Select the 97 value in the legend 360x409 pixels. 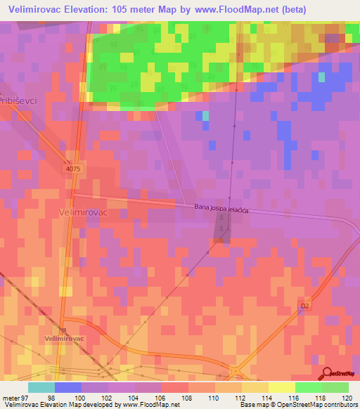point(29,397)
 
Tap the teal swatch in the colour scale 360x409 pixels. point(41,387)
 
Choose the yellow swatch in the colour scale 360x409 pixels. point(282,387)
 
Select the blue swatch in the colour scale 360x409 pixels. point(68,387)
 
